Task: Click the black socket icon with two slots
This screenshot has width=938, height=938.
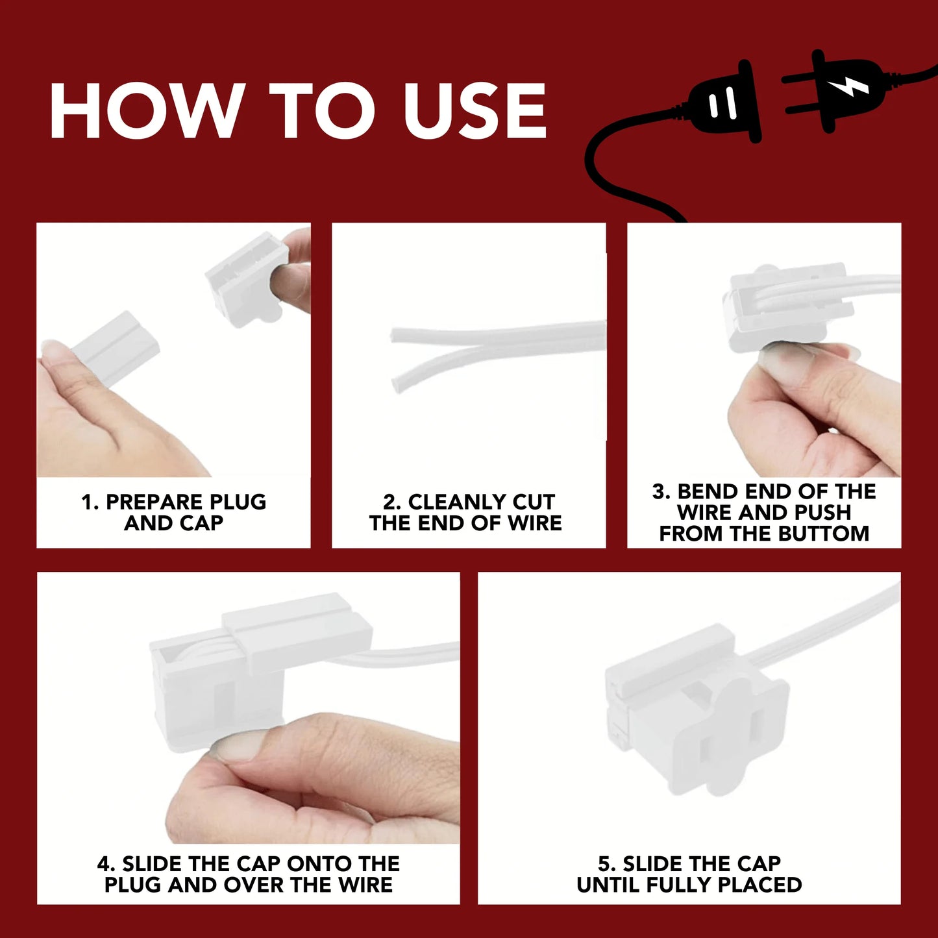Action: (723, 102)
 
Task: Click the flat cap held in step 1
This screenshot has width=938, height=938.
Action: (116, 348)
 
